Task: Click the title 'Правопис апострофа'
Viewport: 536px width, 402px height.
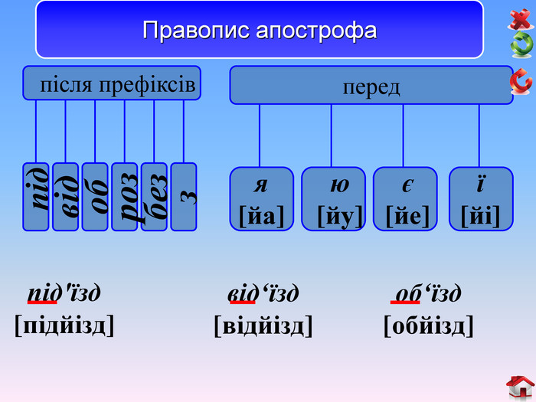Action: (260, 31)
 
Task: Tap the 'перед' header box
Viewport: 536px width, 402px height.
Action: (371, 85)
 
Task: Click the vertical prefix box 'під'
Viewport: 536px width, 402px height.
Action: (36, 197)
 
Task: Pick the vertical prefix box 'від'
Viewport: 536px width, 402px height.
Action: (65, 197)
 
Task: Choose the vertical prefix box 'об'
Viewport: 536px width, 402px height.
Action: (95, 197)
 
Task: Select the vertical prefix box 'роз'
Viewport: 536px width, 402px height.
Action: (125, 197)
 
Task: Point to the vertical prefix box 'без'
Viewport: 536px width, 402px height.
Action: (154, 197)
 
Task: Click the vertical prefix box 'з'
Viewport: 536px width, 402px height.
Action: (184, 197)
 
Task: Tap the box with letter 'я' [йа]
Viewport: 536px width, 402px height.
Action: (262, 199)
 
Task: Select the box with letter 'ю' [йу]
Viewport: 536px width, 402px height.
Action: (334, 199)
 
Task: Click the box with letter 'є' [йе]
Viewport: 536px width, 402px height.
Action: (405, 199)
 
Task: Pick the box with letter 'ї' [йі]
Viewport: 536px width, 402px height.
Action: (480, 199)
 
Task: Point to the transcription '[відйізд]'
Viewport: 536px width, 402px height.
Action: (263, 326)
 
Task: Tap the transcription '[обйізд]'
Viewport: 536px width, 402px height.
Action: (429, 326)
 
